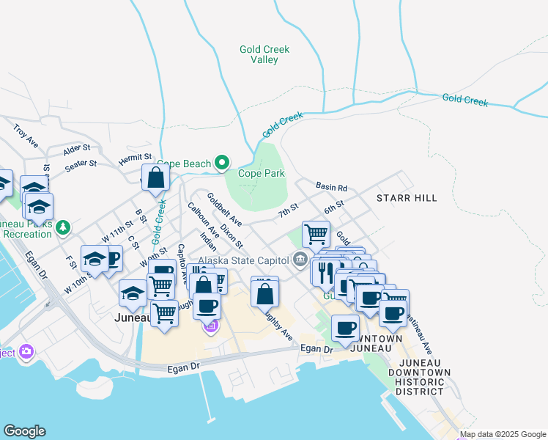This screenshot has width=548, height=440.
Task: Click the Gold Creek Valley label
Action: pos(264,54)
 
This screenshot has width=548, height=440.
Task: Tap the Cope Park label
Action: pos(261,174)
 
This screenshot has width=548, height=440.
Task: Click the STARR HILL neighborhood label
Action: pos(407,198)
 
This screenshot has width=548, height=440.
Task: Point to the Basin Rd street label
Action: pos(331,187)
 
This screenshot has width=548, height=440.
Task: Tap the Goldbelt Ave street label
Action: pos(224,209)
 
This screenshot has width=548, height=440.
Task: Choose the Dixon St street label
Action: pos(232,235)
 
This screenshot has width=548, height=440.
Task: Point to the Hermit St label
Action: pos(136,158)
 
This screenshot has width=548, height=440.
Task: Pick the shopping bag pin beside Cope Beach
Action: pos(156,177)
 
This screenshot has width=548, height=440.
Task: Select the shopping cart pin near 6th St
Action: pos(315,234)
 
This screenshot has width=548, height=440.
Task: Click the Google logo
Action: pos(24,431)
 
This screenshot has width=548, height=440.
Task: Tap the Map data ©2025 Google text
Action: pos(503,434)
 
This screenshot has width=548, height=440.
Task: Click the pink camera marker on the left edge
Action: pos(27,351)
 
